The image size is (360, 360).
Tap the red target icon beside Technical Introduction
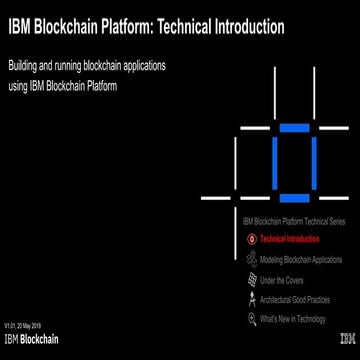[251, 240]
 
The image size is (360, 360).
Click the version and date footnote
[22, 326]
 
